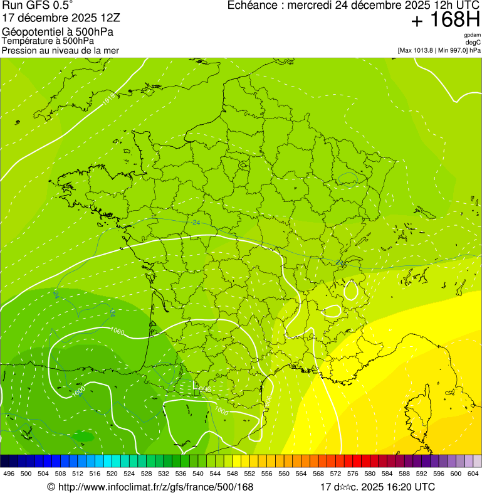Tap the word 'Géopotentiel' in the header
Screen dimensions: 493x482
coord(30,32)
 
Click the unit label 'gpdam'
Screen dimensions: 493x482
coord(472,36)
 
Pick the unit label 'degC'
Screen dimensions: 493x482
coord(474,43)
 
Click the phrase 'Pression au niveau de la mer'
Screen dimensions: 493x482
coord(60,50)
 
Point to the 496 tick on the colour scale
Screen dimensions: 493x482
coord(9,474)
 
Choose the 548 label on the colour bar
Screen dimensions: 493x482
coord(232,474)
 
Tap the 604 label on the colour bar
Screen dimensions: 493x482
coord(473,474)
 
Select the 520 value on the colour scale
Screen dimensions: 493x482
coord(112,474)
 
